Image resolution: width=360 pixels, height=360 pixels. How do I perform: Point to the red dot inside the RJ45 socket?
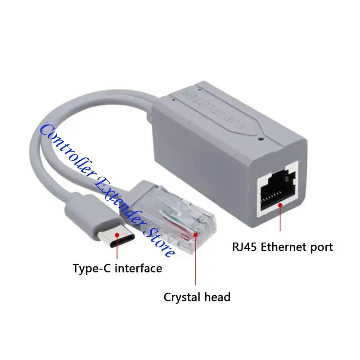click(280, 205)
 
